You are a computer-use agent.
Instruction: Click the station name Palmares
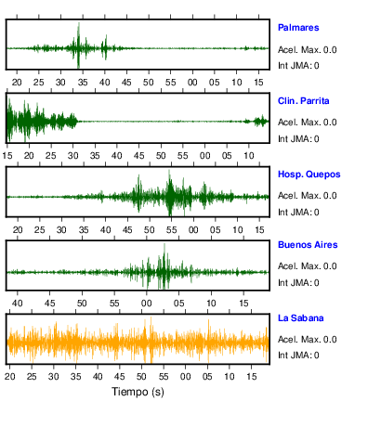(x=298, y=28)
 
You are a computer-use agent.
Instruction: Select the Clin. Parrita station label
(x=303, y=101)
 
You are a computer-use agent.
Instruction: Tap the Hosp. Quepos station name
(x=309, y=175)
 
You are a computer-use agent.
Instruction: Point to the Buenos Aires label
(x=308, y=245)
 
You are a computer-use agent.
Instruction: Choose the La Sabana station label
(x=300, y=318)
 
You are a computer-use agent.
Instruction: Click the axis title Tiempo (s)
(x=138, y=392)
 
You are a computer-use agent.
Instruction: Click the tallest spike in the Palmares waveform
(x=79, y=23)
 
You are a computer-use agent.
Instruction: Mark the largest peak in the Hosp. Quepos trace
(x=169, y=171)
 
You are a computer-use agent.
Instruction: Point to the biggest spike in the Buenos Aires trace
(x=164, y=245)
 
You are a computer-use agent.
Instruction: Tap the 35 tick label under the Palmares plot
(x=83, y=83)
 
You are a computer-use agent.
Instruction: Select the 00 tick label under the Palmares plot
(x=192, y=83)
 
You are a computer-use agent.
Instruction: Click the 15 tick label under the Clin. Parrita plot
(x=7, y=156)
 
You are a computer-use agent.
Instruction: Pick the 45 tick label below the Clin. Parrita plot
(x=138, y=156)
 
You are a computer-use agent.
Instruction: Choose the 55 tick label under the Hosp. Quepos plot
(x=171, y=230)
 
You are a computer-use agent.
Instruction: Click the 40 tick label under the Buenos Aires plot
(x=18, y=304)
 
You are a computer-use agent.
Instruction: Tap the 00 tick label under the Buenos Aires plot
(x=147, y=304)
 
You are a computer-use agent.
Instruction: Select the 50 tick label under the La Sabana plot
(x=141, y=377)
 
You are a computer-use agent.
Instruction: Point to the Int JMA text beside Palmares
(x=295, y=66)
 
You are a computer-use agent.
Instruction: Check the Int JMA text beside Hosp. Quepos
(x=295, y=213)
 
